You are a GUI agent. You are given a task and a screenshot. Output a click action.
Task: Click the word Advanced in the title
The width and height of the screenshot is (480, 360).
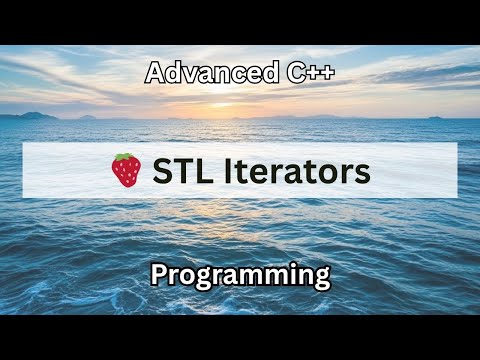tap(197, 73)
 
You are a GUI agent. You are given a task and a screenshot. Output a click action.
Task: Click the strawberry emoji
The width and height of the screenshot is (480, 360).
tap(126, 171)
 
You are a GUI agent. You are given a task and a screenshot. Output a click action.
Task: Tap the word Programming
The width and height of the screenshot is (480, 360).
tap(240, 275)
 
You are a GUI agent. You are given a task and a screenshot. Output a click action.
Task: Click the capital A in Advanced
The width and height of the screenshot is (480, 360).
tap(155, 73)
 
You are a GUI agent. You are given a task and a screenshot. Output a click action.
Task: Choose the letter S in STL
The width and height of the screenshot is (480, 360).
tap(162, 171)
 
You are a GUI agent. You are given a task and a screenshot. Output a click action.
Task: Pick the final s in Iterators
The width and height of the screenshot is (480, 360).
tap(363, 171)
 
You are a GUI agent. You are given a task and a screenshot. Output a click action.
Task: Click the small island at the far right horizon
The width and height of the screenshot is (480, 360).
tap(436, 117)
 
